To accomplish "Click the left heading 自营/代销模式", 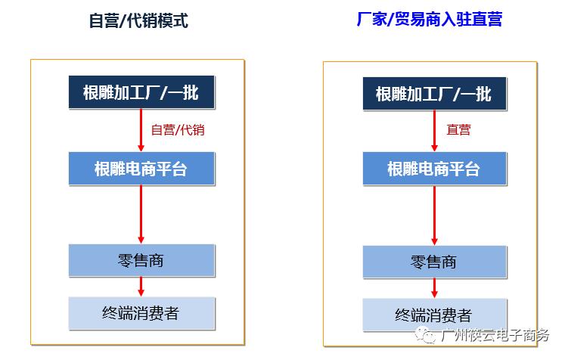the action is [138, 21].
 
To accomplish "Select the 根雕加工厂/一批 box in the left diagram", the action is [141, 92].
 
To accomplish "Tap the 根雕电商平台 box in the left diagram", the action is [141, 169].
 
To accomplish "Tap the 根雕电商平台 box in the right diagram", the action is [433, 169].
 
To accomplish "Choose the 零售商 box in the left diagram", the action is [141, 261].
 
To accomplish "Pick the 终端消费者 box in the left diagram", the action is [141, 312].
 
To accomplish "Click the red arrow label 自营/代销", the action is [178, 130].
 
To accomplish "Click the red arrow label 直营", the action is [458, 130].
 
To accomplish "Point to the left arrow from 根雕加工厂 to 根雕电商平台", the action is [141, 130].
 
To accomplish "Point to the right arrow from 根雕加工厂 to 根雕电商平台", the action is [435, 130].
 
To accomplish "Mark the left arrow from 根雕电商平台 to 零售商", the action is [141, 214].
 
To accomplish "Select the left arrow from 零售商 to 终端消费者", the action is [141, 287].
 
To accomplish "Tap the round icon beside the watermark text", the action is [429, 336].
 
